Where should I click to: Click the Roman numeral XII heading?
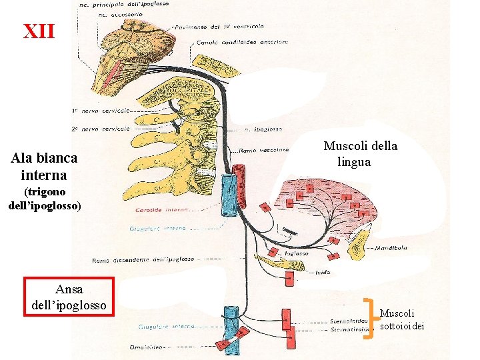pos(39,31)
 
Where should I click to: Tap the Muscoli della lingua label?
pos(360,153)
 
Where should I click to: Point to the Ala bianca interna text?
pos(44,167)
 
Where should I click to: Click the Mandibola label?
pos(391,248)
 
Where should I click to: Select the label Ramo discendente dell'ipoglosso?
pos(143,259)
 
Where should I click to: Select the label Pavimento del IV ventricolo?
pos(219,26)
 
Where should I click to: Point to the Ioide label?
pos(323,272)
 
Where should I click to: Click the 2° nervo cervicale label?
pos(100,127)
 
